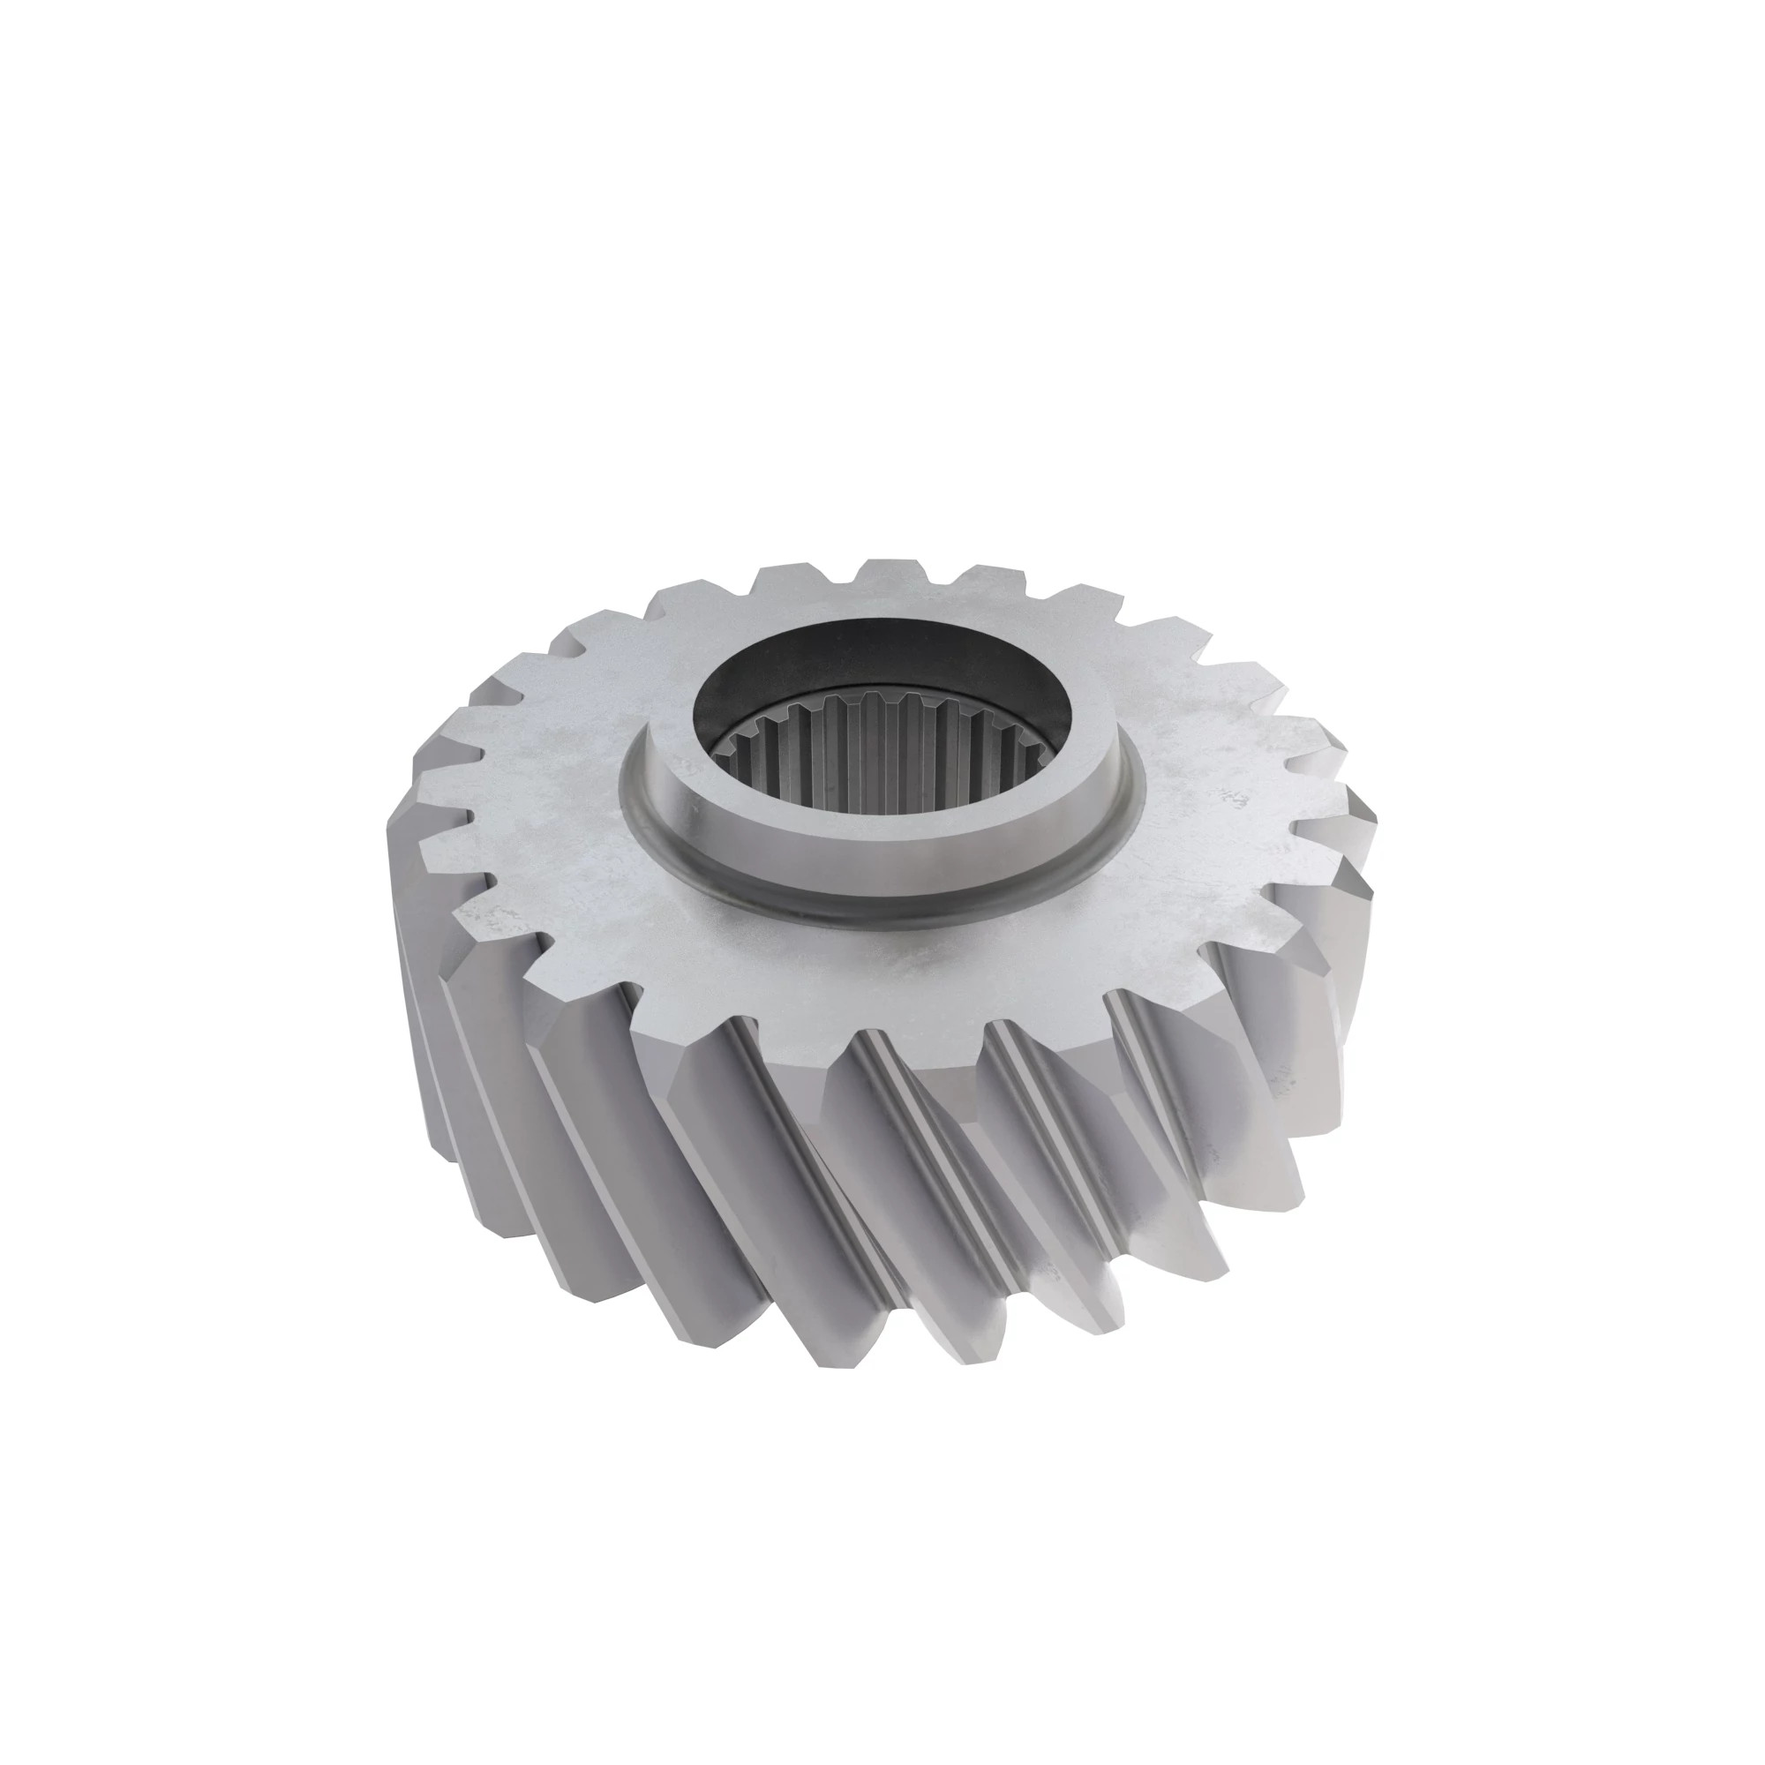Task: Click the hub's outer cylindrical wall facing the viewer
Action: (x=877, y=854)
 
